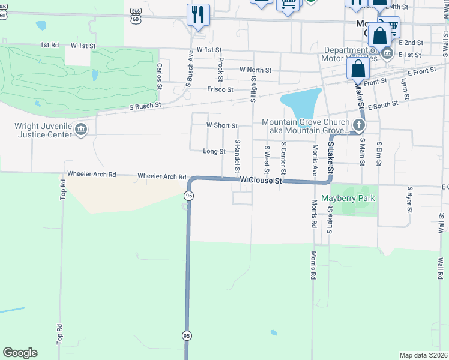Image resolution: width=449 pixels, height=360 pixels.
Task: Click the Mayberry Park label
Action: (x=348, y=198)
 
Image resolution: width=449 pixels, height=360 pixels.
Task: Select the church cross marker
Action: (x=359, y=125)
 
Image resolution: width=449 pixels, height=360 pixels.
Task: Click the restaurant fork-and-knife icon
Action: (x=197, y=14)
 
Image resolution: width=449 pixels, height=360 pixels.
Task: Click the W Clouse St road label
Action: (x=261, y=180)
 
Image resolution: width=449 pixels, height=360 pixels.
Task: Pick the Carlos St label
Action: (x=160, y=76)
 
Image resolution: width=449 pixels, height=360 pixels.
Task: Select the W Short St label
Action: (x=221, y=125)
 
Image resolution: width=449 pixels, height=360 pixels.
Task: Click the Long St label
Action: (x=214, y=152)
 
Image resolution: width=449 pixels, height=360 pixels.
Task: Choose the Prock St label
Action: (x=221, y=70)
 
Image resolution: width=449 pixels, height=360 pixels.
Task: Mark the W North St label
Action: (x=255, y=70)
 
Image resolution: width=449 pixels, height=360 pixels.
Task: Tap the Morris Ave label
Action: (x=315, y=158)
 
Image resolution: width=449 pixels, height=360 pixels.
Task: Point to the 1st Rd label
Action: (x=49, y=45)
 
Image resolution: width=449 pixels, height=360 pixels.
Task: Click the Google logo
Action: (x=20, y=353)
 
